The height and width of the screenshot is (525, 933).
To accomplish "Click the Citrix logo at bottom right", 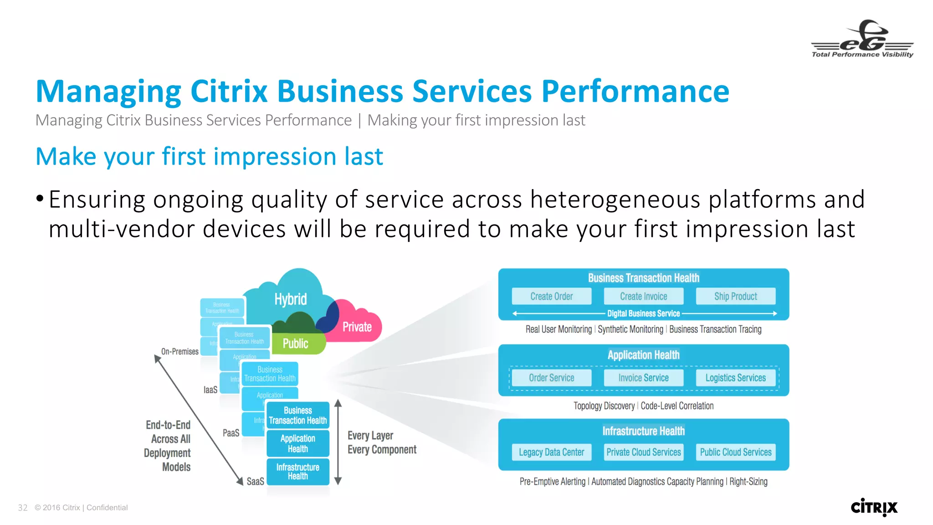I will (874, 507).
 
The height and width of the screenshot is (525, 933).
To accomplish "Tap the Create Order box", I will (551, 296).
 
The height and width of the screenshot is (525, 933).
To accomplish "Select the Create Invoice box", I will (643, 296).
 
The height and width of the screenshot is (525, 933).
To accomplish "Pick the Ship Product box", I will (735, 296).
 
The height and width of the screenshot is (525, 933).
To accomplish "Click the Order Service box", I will (551, 378).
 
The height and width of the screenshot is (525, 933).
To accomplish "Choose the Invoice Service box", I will (643, 378).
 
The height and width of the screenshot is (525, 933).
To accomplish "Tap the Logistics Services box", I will (735, 378).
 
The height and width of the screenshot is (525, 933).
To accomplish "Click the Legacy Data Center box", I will (551, 452).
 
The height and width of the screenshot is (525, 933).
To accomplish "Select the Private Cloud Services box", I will (643, 452).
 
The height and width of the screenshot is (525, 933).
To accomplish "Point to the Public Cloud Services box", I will (735, 452).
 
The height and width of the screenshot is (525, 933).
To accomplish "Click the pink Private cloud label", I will (357, 327).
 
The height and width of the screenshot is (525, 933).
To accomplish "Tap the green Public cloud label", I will (295, 344).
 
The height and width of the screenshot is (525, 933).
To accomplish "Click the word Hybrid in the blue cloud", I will (290, 299).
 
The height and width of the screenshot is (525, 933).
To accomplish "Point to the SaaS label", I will (255, 481).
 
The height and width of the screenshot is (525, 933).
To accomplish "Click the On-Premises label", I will (179, 351).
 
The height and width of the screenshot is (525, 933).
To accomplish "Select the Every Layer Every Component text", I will (381, 443).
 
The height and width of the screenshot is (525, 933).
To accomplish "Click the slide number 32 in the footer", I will (23, 508).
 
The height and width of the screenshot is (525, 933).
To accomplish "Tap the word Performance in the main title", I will (635, 91).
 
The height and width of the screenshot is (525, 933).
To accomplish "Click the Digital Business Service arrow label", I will (643, 314).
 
